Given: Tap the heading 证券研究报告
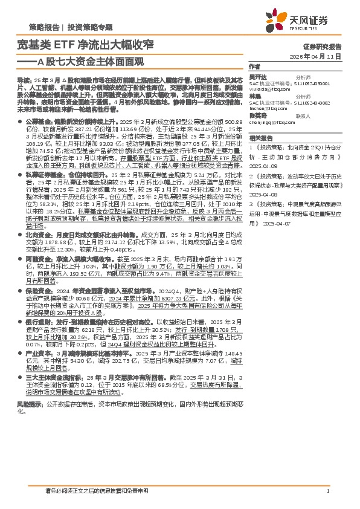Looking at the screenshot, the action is click(322, 46).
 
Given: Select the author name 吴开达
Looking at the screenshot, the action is click(256, 78).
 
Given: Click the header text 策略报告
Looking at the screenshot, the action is click(44, 28).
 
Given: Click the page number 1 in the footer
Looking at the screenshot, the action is click(327, 491).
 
